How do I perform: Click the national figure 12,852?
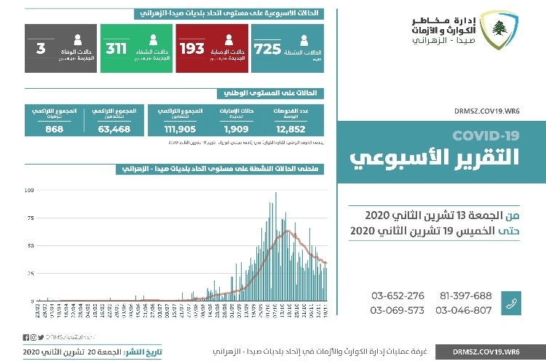coord(298,129)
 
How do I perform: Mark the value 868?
coord(53,129)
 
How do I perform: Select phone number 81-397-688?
coord(466,296)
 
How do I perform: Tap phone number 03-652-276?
coord(397,296)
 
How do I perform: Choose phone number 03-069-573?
coord(397,310)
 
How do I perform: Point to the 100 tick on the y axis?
coord(28,191)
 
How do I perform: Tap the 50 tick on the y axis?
coord(30,246)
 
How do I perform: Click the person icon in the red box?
coord(229,42)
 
